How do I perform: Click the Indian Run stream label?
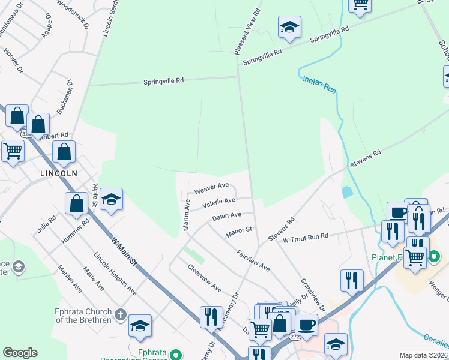(x=320, y=83)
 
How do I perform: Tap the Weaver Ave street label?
(x=211, y=188)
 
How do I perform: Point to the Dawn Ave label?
(x=227, y=215)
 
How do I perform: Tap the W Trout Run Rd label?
(x=306, y=236)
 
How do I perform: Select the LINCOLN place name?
(x=59, y=173)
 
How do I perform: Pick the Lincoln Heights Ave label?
(x=115, y=273)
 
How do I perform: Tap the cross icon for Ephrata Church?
(x=120, y=314)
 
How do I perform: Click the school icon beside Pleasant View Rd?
(x=289, y=27)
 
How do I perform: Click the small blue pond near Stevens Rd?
(x=347, y=193)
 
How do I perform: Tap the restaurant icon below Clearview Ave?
(x=210, y=316)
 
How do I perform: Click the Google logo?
(x=20, y=353)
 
